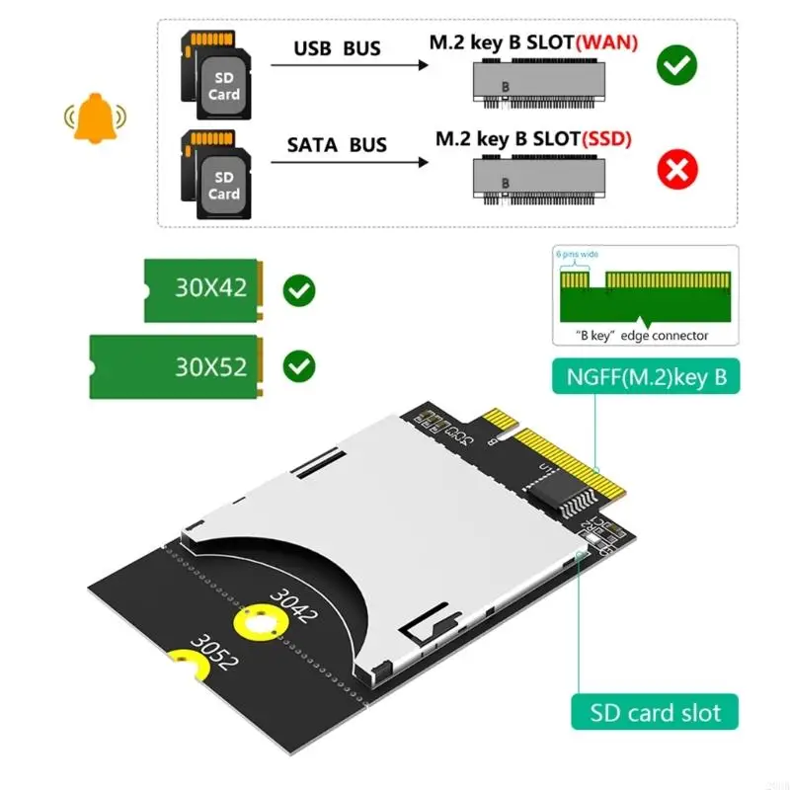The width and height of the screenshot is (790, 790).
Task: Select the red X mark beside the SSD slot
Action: tap(677, 171)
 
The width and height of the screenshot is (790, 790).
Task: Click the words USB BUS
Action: tap(337, 48)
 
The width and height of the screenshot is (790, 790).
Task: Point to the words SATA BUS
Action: tap(337, 144)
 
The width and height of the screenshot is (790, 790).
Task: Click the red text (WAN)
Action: tap(594, 43)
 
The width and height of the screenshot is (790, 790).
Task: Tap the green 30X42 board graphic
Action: tap(202, 290)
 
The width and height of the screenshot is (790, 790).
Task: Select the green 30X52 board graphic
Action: tap(176, 365)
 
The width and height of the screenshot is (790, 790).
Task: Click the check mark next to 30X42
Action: tap(299, 290)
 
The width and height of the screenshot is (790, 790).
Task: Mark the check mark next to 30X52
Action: tap(299, 366)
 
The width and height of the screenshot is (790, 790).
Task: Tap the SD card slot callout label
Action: tap(655, 712)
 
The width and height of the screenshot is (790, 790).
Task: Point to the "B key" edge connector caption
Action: tap(642, 335)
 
